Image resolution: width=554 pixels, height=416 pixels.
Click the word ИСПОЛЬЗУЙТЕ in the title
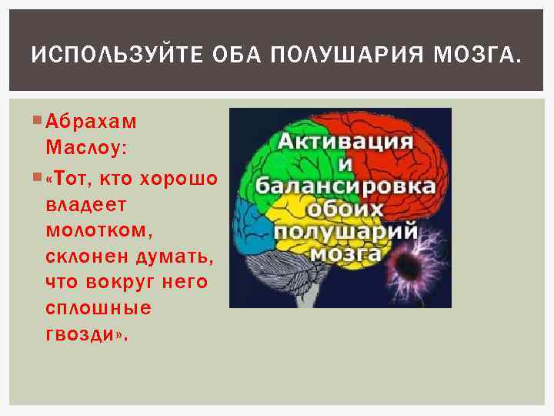tap(108, 55)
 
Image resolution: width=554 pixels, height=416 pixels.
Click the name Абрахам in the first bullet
tap(90, 121)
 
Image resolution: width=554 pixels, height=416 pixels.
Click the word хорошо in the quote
tap(178, 179)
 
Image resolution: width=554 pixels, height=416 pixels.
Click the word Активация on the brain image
tap(345, 143)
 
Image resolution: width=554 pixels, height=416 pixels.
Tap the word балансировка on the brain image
tap(345, 187)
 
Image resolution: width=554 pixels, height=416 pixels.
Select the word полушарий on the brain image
tap(346, 232)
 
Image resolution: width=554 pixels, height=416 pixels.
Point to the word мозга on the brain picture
tap(345, 253)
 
